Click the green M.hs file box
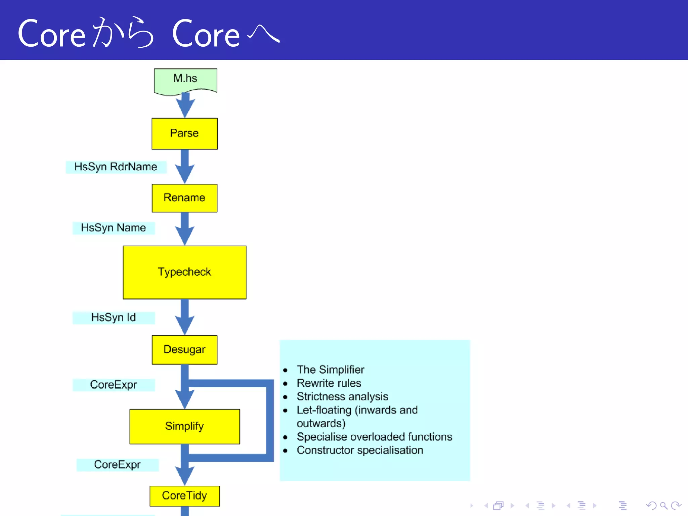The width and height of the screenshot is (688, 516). (185, 79)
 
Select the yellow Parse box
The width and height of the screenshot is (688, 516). (184, 133)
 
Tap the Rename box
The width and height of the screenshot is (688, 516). (184, 198)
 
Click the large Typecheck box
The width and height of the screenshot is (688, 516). (184, 272)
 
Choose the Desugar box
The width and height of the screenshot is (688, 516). (184, 350)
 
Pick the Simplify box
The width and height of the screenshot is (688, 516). (184, 426)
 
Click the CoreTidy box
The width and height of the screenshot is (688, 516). (184, 496)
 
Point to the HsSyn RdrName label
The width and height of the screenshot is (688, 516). (116, 167)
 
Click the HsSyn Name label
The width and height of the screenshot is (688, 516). (113, 228)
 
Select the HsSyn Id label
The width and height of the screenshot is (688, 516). (113, 317)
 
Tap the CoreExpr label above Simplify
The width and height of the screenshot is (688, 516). (113, 385)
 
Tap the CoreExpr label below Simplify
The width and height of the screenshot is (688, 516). (117, 465)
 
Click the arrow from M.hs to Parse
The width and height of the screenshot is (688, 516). (185, 105)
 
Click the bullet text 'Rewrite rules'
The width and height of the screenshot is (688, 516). (329, 383)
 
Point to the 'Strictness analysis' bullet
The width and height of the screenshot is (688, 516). (342, 397)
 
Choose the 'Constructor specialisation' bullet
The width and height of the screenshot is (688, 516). (359, 450)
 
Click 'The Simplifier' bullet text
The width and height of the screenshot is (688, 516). (330, 370)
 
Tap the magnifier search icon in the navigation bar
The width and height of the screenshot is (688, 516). (663, 506)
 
